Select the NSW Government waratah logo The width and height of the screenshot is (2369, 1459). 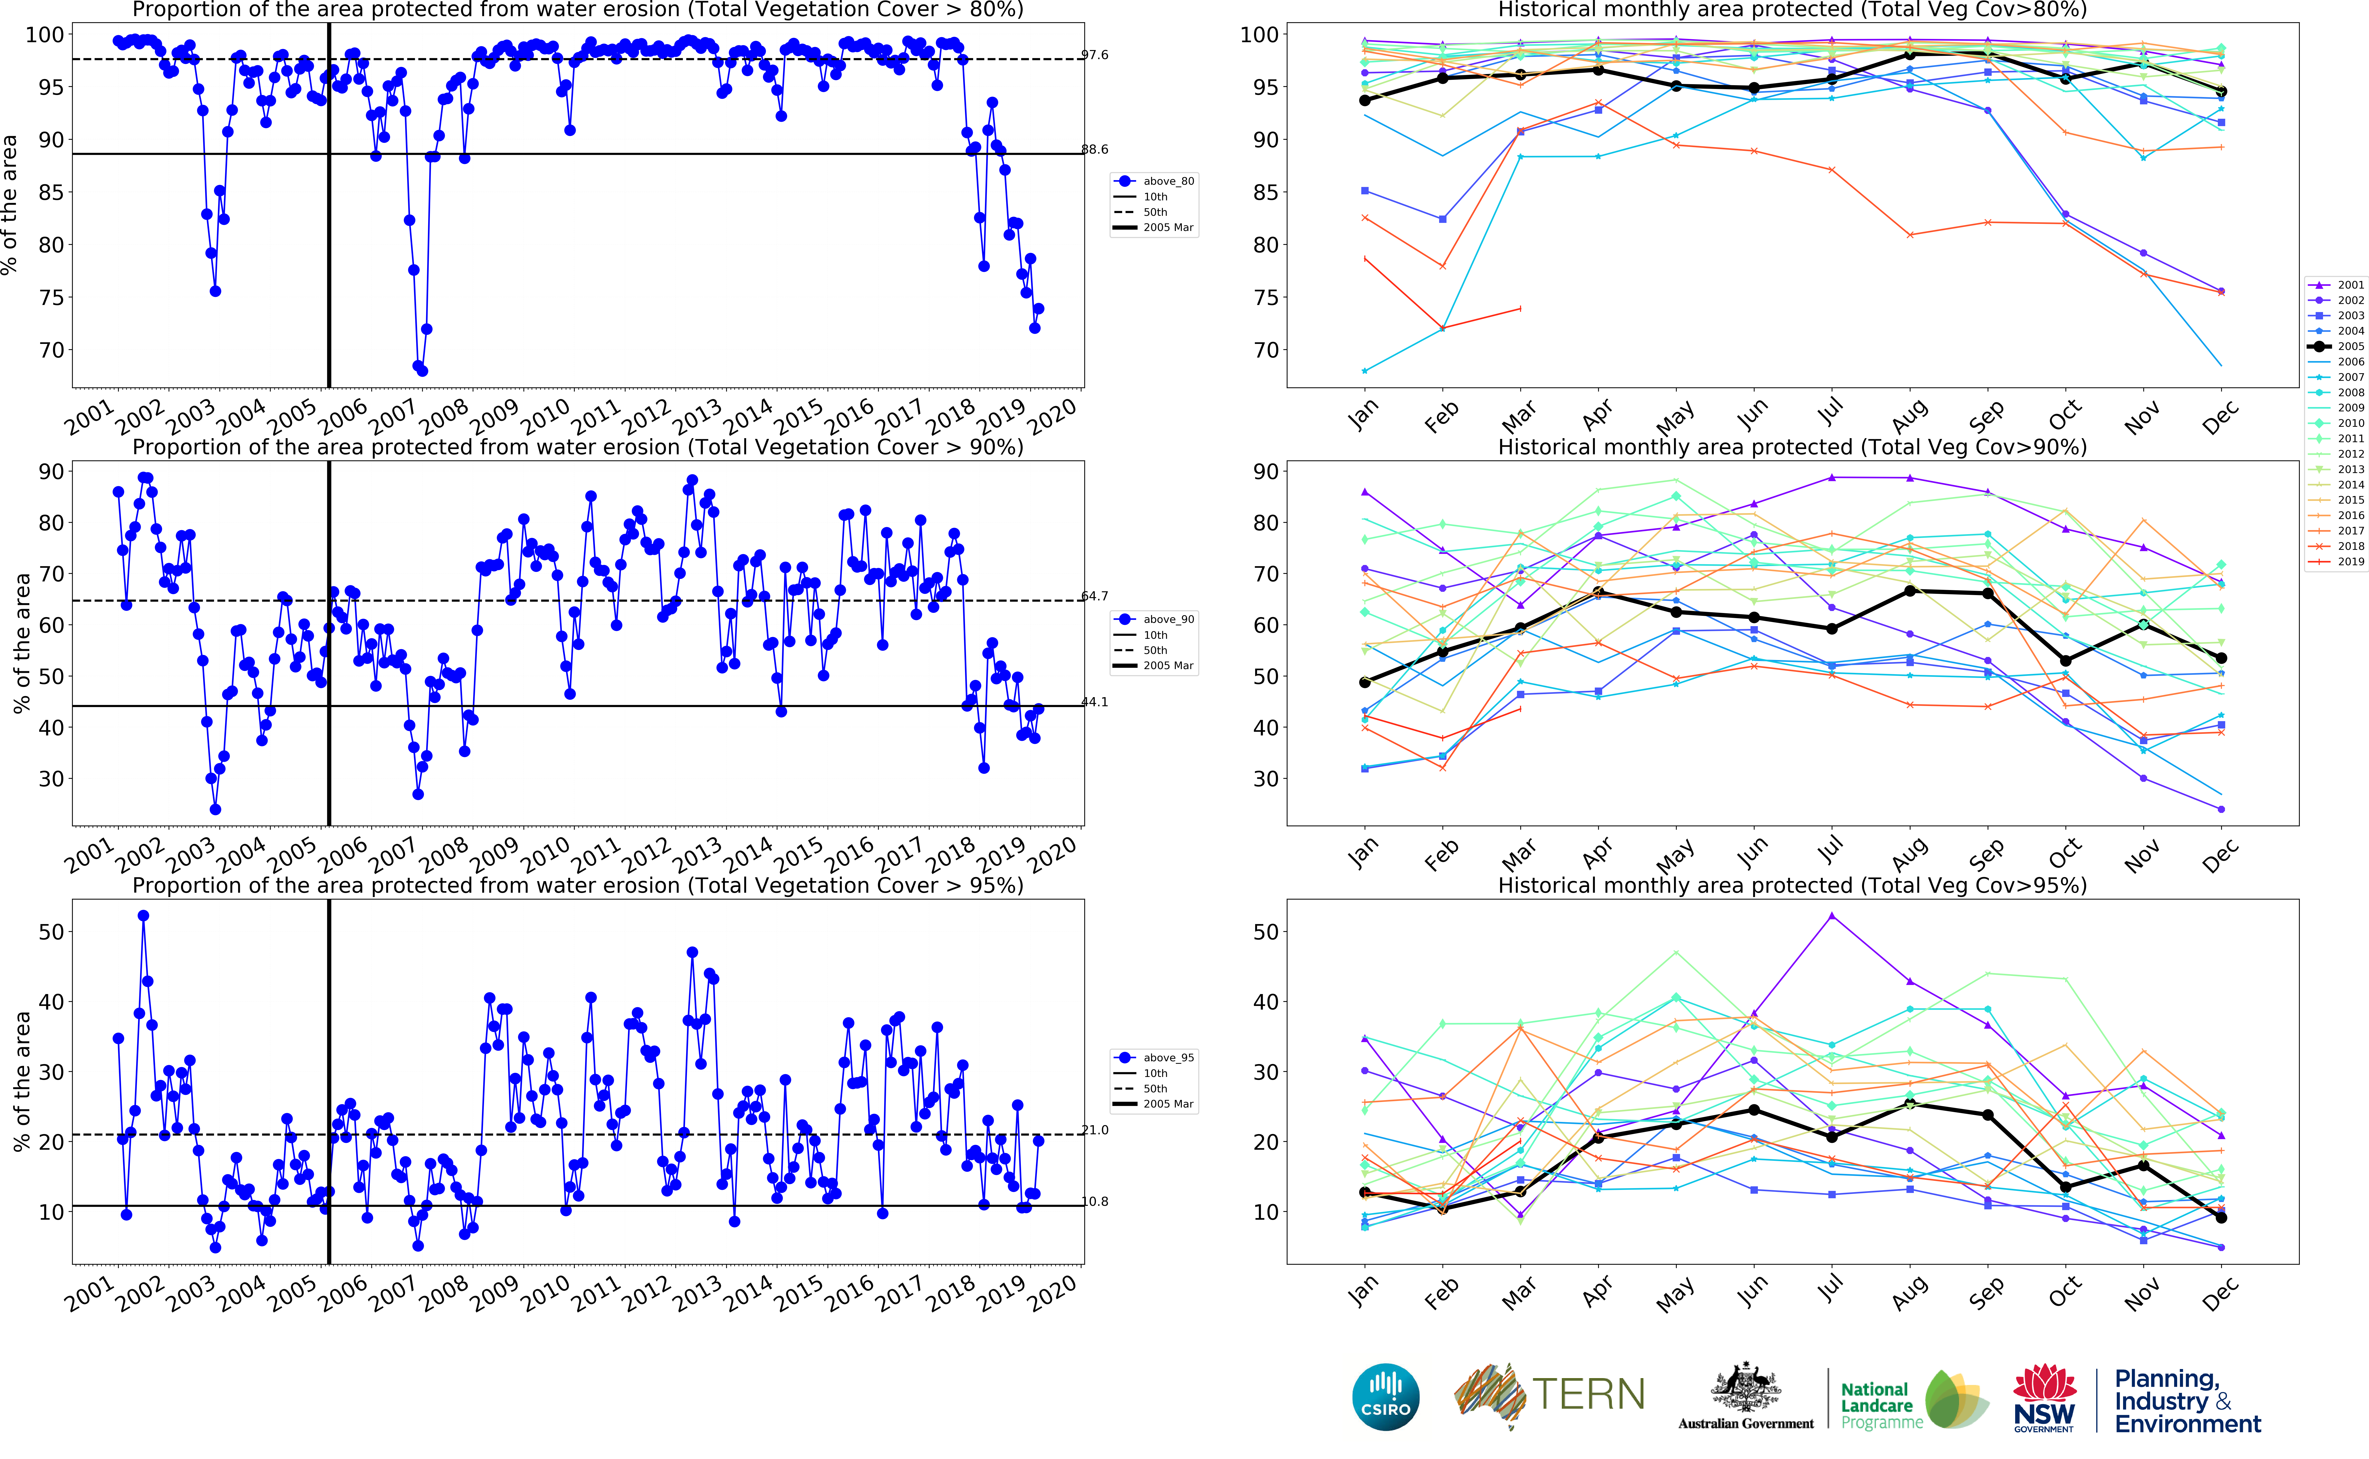[x=2044, y=1397]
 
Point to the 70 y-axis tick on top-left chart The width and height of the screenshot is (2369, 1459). [x=50, y=350]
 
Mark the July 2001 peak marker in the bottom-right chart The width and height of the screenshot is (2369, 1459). [x=1831, y=916]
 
